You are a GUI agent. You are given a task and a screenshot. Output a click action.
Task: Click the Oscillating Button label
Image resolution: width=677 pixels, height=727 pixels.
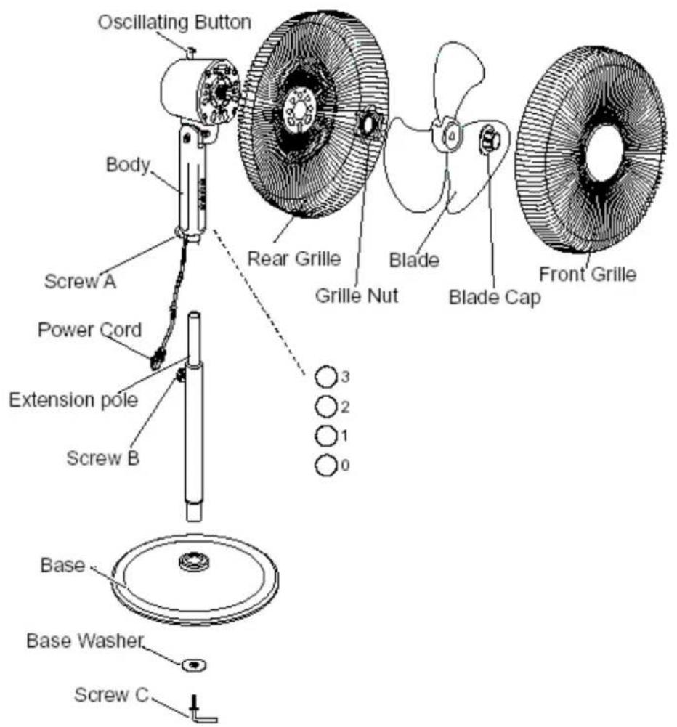174,23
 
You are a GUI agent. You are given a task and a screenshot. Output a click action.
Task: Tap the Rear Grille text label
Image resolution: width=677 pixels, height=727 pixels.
294,259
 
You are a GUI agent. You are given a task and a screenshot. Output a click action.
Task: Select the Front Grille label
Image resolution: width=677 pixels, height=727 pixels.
588,274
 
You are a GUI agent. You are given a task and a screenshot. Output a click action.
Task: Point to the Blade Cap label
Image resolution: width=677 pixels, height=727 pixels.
495,297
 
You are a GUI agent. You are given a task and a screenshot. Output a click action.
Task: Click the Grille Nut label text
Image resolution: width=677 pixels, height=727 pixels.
357,296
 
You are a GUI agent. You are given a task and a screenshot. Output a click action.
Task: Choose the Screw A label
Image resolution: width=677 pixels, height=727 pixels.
80,281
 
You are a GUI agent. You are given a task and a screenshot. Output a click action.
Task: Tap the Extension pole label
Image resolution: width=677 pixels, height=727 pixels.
73,400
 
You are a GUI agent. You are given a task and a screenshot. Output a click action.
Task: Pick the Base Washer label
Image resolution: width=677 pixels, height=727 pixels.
85,641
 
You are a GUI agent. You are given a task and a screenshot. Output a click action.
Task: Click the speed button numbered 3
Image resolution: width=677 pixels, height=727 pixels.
326,377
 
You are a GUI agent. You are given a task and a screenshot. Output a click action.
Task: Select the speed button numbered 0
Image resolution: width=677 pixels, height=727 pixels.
326,465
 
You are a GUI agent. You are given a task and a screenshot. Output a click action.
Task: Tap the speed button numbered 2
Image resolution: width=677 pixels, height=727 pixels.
326,407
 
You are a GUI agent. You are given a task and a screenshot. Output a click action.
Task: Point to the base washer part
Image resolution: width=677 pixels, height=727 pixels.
194,665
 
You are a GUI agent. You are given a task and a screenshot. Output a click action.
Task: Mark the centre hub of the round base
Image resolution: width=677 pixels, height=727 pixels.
194,561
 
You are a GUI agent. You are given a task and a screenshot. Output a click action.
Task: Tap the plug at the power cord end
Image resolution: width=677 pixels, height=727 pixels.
157,358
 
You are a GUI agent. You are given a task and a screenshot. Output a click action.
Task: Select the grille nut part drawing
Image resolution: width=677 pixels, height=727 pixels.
370,123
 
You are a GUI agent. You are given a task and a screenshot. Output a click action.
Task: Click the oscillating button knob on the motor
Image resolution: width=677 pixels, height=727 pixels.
191,52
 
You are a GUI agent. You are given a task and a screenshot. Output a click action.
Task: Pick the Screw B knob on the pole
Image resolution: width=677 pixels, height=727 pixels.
179,375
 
